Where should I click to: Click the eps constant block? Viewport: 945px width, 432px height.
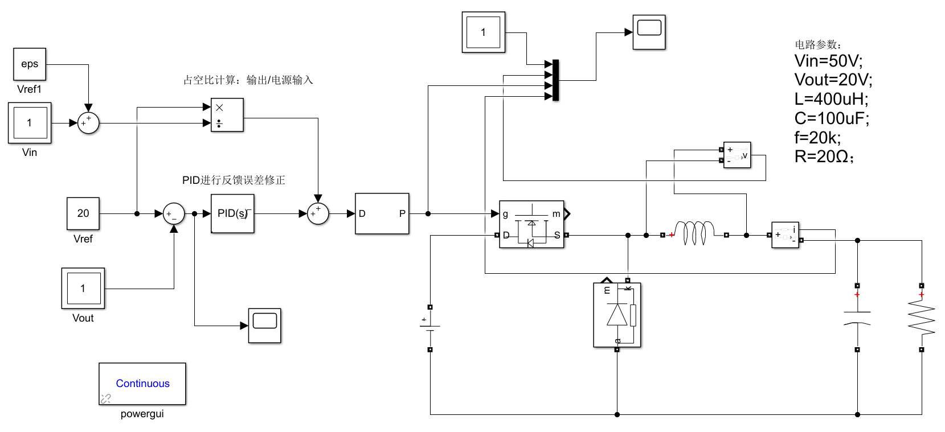pos(30,64)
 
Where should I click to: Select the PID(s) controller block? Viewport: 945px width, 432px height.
pos(232,213)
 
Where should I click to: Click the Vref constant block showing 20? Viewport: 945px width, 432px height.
pos(83,213)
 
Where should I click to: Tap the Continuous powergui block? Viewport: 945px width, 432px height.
pos(142,384)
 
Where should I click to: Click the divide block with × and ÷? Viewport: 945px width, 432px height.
pos(227,115)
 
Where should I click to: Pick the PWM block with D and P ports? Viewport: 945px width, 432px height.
pos(382,213)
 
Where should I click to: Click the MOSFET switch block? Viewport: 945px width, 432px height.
pos(531,224)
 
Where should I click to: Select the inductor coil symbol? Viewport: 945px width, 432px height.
pos(694,233)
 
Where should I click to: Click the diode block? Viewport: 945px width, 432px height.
pos(617,315)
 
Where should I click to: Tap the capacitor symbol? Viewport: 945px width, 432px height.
pos(857,318)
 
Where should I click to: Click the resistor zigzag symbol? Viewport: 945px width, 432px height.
pos(921,318)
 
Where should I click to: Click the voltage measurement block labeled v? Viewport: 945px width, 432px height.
pos(737,155)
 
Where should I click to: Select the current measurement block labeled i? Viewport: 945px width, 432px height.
pos(786,235)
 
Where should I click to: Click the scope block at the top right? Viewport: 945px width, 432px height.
pos(649,32)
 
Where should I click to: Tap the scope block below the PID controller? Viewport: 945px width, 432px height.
pos(265,326)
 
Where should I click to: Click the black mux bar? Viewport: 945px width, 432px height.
pos(555,80)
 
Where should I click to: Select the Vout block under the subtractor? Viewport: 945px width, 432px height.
pos(83,289)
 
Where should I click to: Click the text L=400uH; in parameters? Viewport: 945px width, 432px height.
pos(831,99)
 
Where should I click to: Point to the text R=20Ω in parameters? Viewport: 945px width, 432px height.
pos(824,157)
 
